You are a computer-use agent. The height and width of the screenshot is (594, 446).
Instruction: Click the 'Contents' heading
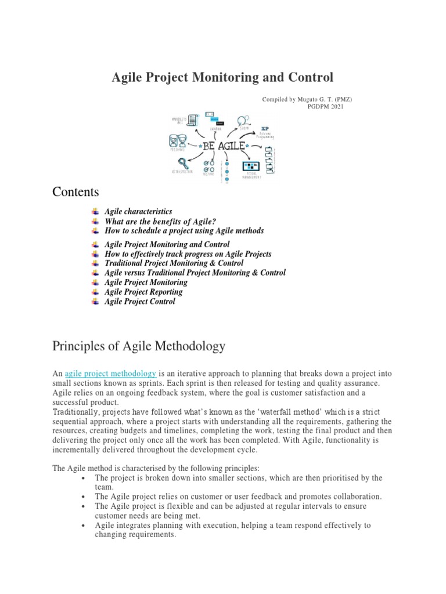(x=75, y=191)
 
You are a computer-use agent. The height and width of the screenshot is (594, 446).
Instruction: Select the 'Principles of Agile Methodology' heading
(x=139, y=346)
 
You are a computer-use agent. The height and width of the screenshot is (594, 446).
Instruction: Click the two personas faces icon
(x=177, y=140)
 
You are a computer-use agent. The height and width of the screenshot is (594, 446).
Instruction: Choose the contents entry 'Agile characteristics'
(x=138, y=212)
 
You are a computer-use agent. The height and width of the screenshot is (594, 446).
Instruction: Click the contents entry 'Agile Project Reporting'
(x=143, y=292)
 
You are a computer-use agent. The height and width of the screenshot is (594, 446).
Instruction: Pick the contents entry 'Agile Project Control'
(x=139, y=301)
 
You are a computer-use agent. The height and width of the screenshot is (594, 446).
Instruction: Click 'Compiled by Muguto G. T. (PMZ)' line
(x=307, y=99)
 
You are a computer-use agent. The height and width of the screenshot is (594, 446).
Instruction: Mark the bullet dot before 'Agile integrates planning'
(x=85, y=526)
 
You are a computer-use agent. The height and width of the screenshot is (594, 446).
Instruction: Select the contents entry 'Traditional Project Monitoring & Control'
(x=174, y=263)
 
